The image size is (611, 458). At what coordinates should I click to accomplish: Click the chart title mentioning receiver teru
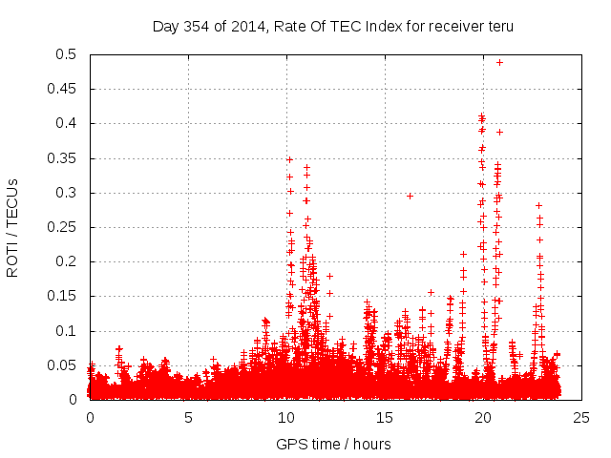[333, 26]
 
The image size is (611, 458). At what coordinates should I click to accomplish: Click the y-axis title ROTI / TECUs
[12, 227]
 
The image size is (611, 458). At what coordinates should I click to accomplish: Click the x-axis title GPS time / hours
[333, 444]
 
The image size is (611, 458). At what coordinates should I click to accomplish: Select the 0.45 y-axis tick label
[66, 89]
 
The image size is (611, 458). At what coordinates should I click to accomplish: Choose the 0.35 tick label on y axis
[66, 158]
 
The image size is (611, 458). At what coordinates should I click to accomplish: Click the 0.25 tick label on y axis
[66, 227]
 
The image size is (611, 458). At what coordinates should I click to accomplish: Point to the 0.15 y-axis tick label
[66, 296]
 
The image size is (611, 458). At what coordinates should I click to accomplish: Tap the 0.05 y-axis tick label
[66, 365]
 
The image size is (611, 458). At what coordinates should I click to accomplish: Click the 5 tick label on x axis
[188, 417]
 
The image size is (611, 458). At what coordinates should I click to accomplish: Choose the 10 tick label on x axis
[286, 417]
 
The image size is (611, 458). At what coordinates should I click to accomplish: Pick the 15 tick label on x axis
[385, 417]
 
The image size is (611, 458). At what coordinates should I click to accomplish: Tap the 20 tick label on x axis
[483, 417]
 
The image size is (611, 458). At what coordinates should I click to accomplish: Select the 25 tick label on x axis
[581, 417]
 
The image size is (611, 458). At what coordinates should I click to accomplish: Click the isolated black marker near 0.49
[499, 62]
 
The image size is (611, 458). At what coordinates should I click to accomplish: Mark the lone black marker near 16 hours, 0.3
[410, 196]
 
